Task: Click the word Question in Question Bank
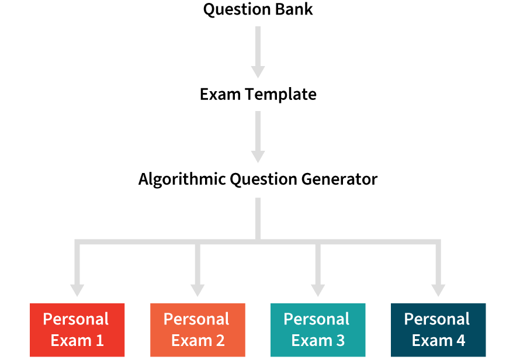point(232,10)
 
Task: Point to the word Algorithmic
point(182,179)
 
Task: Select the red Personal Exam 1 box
point(77,330)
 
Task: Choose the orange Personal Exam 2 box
point(197,330)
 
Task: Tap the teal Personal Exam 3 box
point(318,330)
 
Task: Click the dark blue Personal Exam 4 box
point(438,330)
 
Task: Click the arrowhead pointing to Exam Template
point(258,72)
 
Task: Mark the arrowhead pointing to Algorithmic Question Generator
point(258,156)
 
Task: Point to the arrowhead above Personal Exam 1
point(77,290)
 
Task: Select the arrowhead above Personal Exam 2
point(197,290)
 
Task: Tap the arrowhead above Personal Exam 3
point(318,290)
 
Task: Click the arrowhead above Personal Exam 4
point(438,290)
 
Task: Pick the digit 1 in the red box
point(99,341)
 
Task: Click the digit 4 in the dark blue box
point(460,341)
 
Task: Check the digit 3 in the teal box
point(340,341)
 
